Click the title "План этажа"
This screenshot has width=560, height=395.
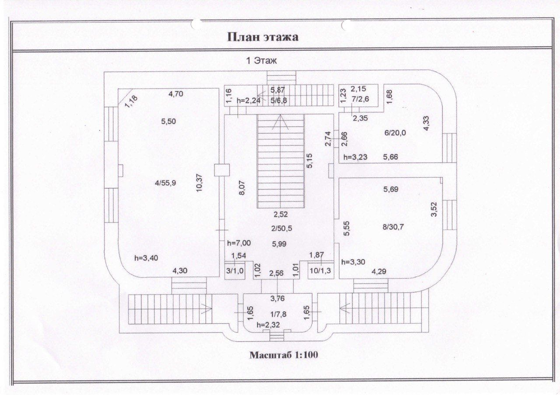(x=263, y=37)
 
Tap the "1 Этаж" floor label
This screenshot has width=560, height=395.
(x=262, y=61)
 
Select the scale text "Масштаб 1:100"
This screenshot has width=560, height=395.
(x=284, y=355)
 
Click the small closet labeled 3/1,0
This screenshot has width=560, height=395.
(x=234, y=270)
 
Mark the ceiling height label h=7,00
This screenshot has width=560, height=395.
(x=238, y=243)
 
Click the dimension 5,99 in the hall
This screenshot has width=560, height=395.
(x=279, y=244)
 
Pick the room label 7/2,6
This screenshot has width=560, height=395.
(x=362, y=99)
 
